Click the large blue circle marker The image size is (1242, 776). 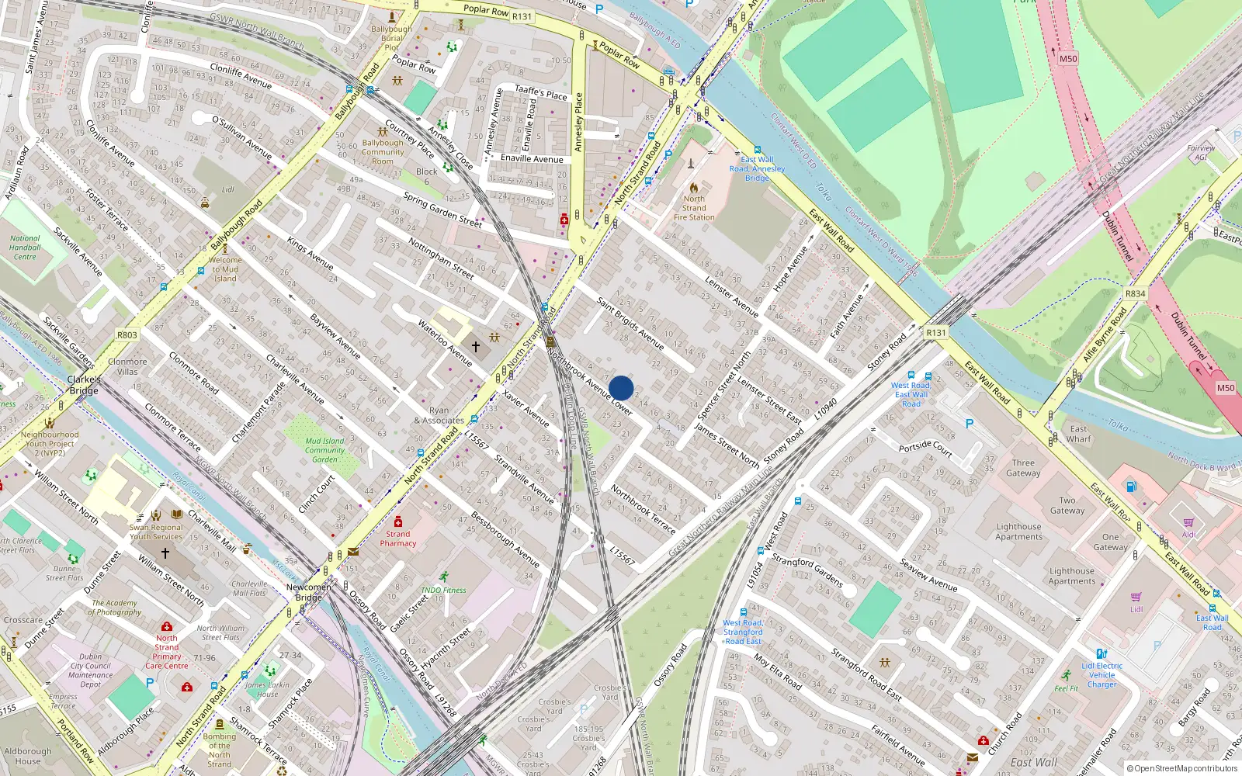click(x=621, y=388)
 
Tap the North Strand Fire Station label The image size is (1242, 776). click(x=694, y=208)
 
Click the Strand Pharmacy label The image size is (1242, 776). click(x=398, y=539)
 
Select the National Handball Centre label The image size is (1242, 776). click(x=25, y=248)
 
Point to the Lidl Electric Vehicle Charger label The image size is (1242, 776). click(x=1102, y=675)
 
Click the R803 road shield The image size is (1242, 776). click(x=127, y=335)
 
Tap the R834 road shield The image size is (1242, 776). click(x=1135, y=294)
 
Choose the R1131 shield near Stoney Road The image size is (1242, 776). click(x=936, y=332)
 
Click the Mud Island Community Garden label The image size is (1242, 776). click(x=324, y=450)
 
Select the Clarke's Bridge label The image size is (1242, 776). click(x=84, y=385)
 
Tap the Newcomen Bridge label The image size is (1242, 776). click(x=308, y=592)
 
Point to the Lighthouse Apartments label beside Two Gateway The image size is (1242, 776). click(x=1019, y=532)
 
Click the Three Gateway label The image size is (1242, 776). click(x=1023, y=468)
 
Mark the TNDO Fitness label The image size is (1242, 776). click(x=444, y=590)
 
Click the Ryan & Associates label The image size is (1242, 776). click(x=439, y=416)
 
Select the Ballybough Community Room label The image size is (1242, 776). click(x=383, y=152)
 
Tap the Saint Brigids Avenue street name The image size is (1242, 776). click(x=630, y=323)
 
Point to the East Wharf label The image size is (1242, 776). click(x=1079, y=434)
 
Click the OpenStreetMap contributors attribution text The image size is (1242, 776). click(x=1185, y=769)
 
